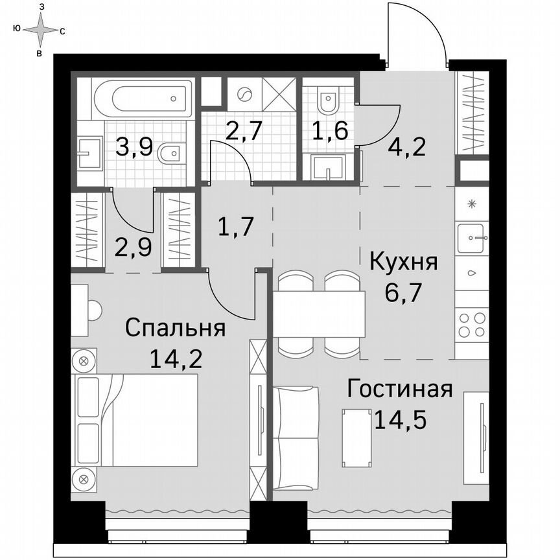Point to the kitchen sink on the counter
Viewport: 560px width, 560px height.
pos(472,238)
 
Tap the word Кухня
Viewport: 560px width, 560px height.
pos(404,262)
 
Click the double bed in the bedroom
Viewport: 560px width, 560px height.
pos(137,420)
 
